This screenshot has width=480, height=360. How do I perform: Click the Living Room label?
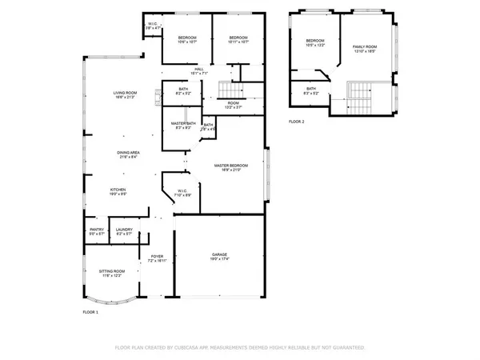[124, 94]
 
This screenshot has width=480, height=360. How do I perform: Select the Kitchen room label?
[118, 190]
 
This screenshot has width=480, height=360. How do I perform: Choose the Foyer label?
[156, 257]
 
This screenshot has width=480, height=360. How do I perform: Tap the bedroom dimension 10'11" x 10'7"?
[239, 42]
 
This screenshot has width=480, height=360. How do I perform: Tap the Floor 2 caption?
[298, 122]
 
